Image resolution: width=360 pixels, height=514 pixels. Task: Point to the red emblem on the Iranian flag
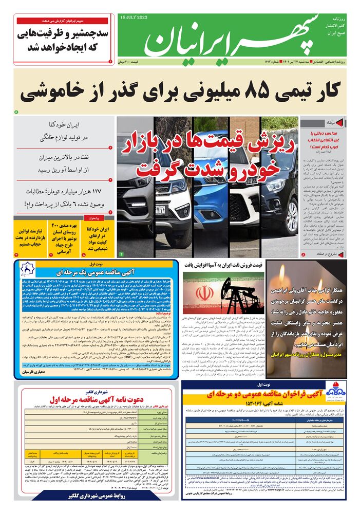pyautogui.click(x=204, y=294)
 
